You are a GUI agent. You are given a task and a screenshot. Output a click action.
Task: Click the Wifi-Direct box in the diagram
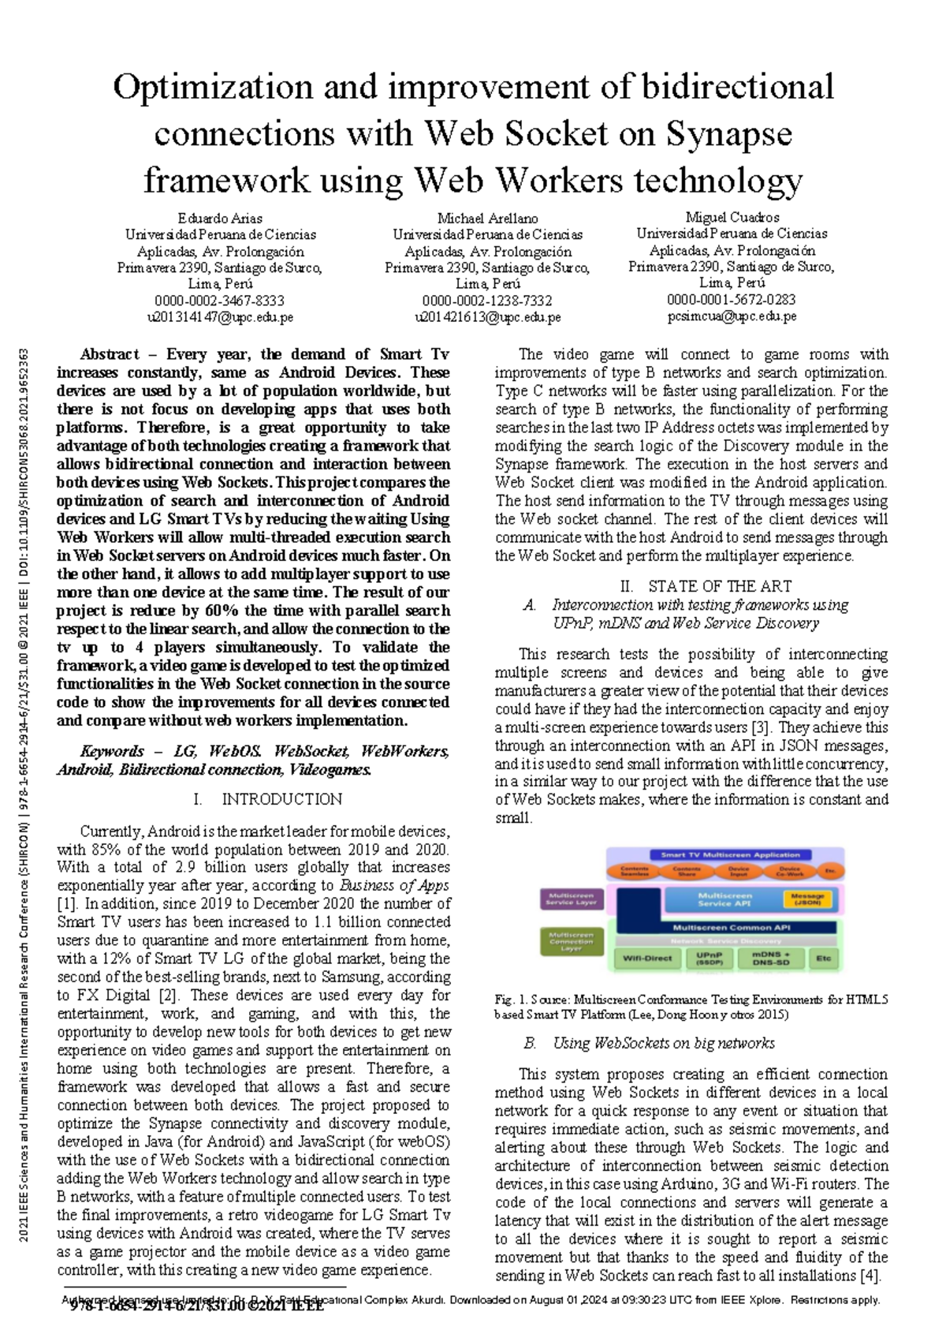click(x=647, y=958)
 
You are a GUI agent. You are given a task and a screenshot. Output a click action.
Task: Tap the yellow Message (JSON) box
click(x=807, y=899)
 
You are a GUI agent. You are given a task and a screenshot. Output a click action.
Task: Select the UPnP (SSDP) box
click(x=709, y=958)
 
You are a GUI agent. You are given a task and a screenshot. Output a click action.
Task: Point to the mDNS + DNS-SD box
click(x=770, y=958)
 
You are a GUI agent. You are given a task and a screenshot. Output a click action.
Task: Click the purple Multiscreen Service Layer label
click(x=572, y=899)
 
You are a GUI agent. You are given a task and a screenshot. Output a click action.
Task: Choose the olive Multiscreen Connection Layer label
click(x=572, y=941)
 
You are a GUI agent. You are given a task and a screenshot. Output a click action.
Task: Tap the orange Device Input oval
click(x=738, y=871)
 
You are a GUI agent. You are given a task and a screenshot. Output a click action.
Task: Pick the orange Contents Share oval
click(x=687, y=871)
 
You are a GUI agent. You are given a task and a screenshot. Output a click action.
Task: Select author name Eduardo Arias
click(x=220, y=218)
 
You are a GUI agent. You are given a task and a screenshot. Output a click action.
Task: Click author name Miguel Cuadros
click(x=732, y=217)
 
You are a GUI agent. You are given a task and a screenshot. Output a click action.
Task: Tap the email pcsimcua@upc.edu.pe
click(x=732, y=316)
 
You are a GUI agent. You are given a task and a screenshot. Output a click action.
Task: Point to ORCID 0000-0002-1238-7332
click(x=487, y=301)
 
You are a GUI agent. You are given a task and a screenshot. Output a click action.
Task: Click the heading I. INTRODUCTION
click(x=267, y=799)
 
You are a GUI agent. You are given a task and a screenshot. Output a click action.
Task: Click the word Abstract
click(x=110, y=354)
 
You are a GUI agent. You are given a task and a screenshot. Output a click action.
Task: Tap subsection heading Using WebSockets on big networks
click(x=663, y=1043)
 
